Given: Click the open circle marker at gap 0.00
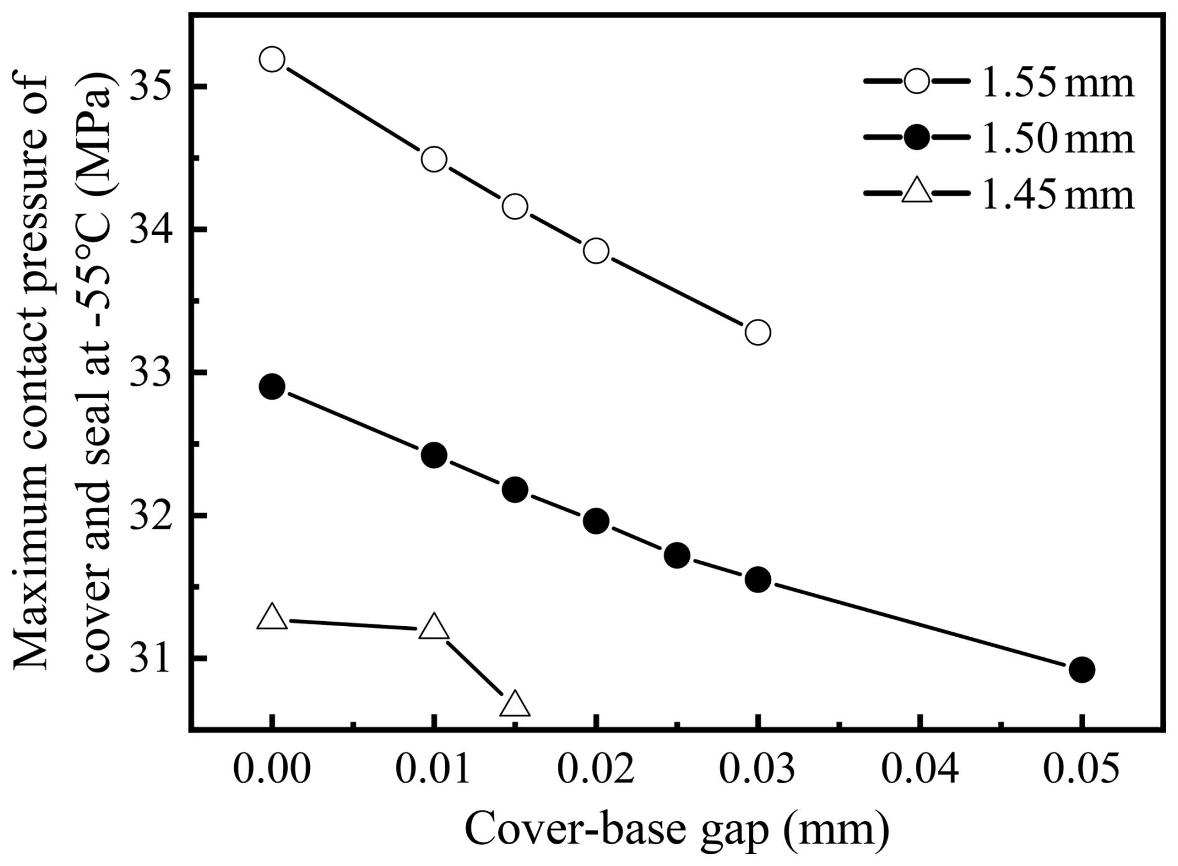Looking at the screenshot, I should (x=272, y=59).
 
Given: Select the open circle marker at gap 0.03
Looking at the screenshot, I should (x=758, y=332).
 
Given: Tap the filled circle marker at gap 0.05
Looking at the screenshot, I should (x=1081, y=670).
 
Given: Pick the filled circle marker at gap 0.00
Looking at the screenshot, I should (x=272, y=387).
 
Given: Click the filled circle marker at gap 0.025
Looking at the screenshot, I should (x=677, y=554).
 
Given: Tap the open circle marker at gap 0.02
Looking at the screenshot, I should (x=596, y=251).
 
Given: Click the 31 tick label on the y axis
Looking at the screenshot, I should (x=150, y=659).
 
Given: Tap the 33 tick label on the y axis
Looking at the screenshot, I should (x=150, y=373).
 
